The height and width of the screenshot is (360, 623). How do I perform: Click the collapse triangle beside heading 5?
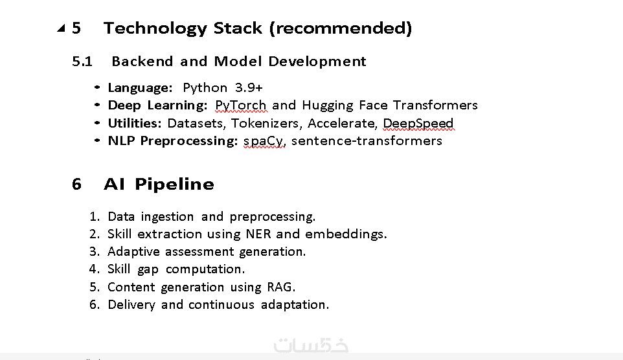pyautogui.click(x=61, y=28)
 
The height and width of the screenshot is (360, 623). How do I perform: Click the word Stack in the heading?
pyautogui.click(x=238, y=28)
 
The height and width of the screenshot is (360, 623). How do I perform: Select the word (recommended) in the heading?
pyautogui.click(x=341, y=28)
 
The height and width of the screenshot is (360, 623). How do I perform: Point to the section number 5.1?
pyautogui.click(x=82, y=62)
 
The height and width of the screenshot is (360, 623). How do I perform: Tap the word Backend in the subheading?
pyautogui.click(x=142, y=62)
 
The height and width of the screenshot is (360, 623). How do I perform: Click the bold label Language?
pyautogui.click(x=141, y=88)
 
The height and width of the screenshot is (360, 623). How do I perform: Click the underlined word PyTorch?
pyautogui.click(x=241, y=106)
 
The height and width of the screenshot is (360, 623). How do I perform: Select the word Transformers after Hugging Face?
pyautogui.click(x=435, y=105)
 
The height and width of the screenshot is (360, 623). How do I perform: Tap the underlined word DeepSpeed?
pyautogui.click(x=418, y=123)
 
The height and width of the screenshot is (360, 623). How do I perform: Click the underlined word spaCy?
pyautogui.click(x=264, y=141)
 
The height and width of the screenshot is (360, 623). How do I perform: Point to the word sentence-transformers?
pyautogui.click(x=367, y=141)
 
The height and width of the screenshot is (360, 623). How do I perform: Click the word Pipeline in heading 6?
pyautogui.click(x=174, y=185)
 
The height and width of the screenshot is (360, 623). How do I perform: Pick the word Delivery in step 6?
pyautogui.click(x=131, y=305)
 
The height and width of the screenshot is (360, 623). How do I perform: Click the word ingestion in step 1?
pyautogui.click(x=167, y=216)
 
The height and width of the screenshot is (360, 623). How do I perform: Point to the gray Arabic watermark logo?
pyautogui.click(x=311, y=345)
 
